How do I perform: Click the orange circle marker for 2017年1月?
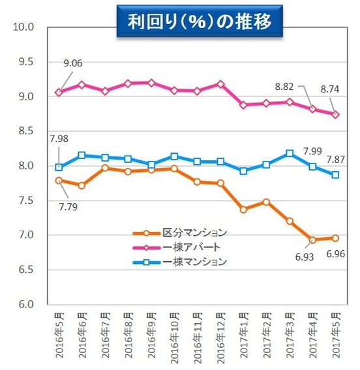(x=243, y=209)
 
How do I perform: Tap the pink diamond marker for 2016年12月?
(x=220, y=84)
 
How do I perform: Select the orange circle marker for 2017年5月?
(x=335, y=238)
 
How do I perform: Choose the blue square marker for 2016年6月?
(x=82, y=155)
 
